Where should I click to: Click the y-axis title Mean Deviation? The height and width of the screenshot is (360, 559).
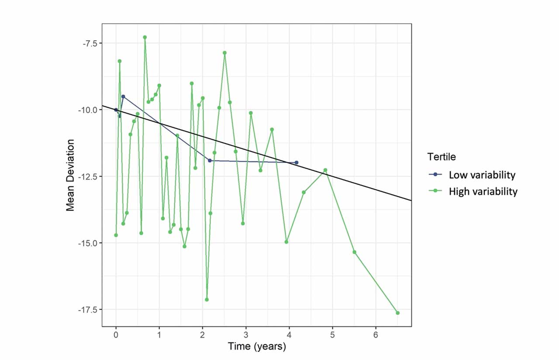[x=70, y=175]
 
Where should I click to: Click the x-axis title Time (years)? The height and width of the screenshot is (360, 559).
[x=257, y=346]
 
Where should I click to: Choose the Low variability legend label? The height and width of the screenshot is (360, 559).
[x=482, y=175]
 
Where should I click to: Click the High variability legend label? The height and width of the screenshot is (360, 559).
[x=483, y=191]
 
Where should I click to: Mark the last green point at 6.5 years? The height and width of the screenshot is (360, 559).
[x=397, y=313]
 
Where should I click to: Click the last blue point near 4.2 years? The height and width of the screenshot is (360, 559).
[x=297, y=163]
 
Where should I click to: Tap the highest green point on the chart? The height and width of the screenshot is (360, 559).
[x=145, y=37]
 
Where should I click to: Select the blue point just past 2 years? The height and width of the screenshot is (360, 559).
[x=210, y=161]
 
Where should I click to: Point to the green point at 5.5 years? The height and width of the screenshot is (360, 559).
[x=354, y=252]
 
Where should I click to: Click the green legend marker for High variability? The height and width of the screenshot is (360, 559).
[x=435, y=191]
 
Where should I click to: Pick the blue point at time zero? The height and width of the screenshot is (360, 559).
[x=116, y=110]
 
